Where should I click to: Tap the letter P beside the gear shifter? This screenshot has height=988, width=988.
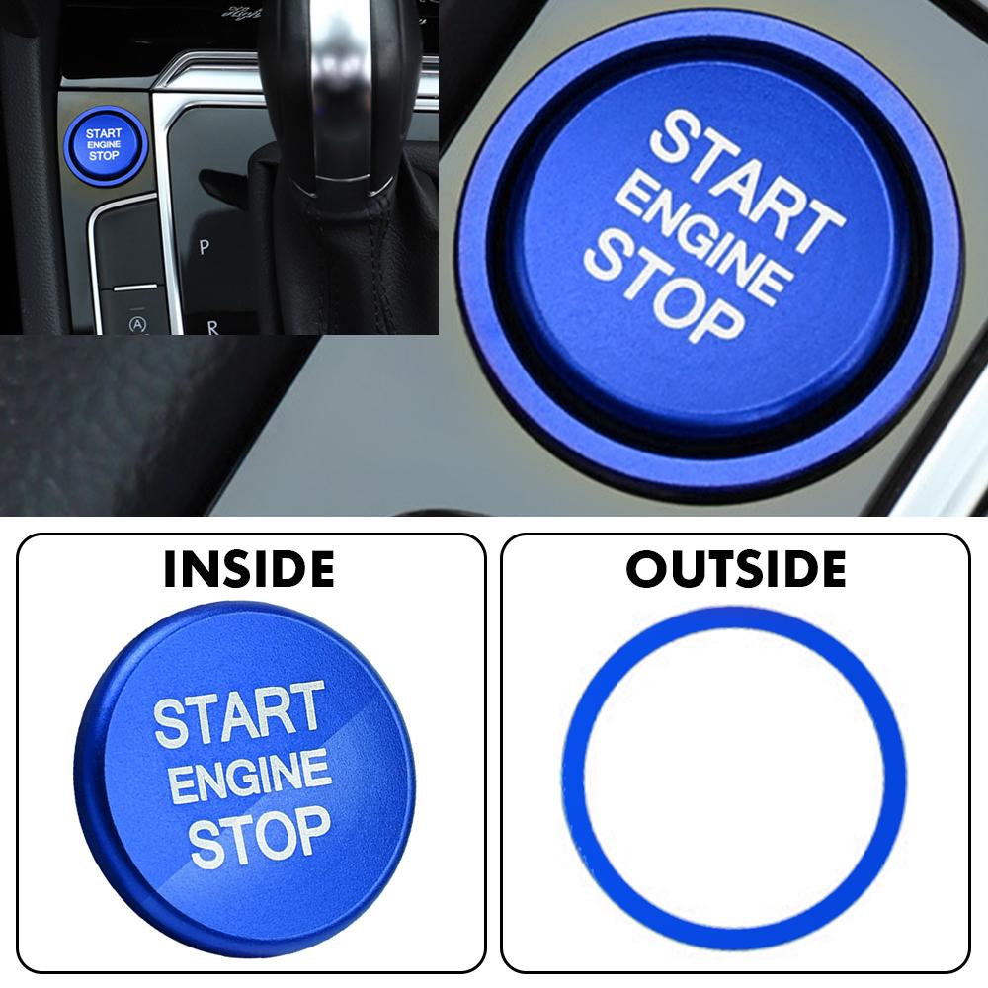(x=204, y=247)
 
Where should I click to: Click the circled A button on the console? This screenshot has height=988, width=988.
(x=138, y=323)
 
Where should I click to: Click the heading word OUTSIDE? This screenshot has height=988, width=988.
(x=736, y=570)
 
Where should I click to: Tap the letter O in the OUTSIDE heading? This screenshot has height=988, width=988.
(x=646, y=570)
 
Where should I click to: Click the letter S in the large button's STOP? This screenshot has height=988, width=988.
(x=604, y=257)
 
